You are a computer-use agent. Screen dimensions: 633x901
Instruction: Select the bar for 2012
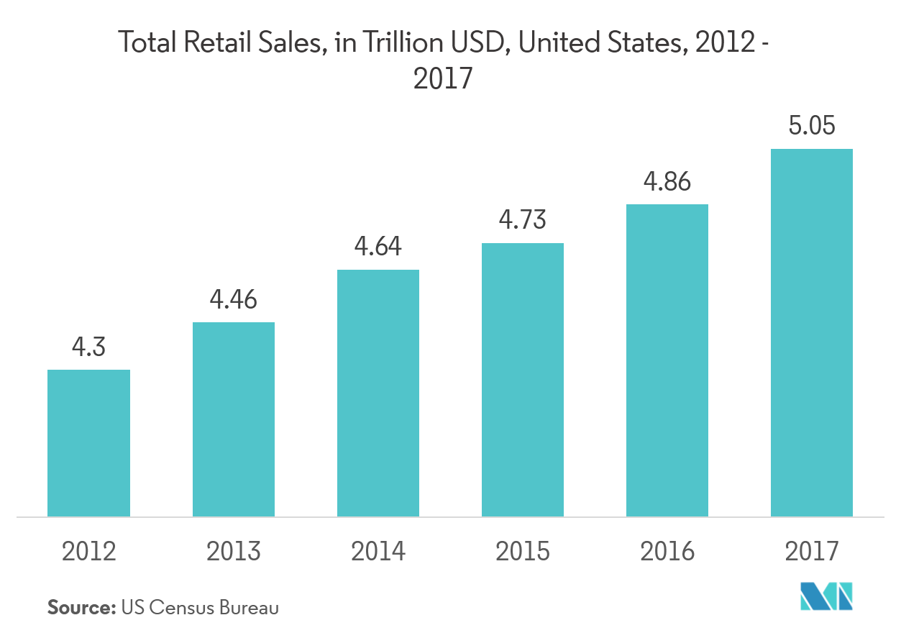(88, 443)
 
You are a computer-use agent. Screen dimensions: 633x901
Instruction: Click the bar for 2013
(233, 419)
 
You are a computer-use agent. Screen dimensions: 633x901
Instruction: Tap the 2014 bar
(378, 393)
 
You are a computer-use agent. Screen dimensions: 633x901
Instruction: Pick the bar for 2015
(523, 380)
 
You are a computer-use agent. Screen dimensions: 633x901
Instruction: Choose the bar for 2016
(667, 360)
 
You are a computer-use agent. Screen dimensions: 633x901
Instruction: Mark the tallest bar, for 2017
(812, 333)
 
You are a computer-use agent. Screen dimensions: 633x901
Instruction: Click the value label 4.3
(88, 347)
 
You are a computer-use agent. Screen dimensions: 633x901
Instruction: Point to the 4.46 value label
(233, 299)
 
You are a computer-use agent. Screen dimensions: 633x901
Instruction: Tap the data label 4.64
(378, 247)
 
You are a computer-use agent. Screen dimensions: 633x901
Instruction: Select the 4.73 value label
(523, 220)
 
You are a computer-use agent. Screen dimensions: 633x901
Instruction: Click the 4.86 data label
(667, 181)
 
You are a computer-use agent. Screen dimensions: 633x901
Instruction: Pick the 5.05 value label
(812, 127)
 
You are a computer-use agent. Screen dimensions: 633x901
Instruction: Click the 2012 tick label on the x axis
(88, 552)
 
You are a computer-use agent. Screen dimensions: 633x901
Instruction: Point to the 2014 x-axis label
(378, 552)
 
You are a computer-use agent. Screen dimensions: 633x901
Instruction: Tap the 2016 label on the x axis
(667, 552)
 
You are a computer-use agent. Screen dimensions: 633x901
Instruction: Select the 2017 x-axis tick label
(812, 552)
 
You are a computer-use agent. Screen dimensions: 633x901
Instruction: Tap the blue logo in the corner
(826, 596)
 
